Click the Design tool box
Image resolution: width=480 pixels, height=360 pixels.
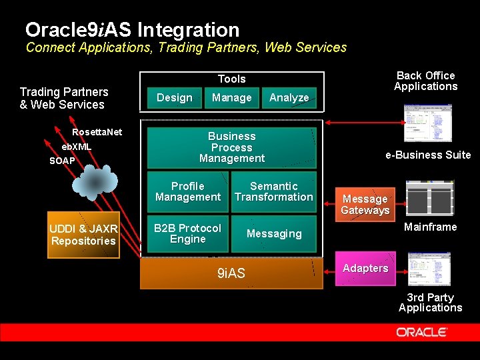(174, 98)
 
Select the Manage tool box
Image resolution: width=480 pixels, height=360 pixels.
(231, 98)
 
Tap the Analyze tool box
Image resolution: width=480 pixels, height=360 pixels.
(289, 98)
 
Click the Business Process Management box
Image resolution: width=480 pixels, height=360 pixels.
(231, 147)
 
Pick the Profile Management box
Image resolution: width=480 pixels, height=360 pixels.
(187, 192)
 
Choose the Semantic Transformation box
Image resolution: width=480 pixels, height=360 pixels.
(273, 192)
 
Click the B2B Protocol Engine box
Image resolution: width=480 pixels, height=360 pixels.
(187, 233)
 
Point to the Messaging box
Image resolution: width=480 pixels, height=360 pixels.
(273, 233)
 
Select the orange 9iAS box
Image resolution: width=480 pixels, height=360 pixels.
(231, 273)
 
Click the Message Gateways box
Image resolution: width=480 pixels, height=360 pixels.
(365, 204)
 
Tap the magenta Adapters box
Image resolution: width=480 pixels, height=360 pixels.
(365, 268)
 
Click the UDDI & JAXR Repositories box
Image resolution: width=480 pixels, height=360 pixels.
(83, 235)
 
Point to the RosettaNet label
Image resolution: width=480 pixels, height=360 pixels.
(97, 132)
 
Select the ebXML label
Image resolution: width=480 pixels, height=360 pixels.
(77, 147)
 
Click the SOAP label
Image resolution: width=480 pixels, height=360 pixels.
(62, 161)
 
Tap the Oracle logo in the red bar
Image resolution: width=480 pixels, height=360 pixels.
(422, 332)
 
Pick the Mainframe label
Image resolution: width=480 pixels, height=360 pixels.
(430, 227)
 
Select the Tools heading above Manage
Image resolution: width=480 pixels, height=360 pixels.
(231, 79)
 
